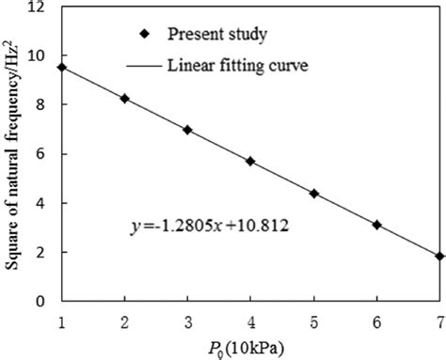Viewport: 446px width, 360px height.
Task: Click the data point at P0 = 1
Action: point(61,67)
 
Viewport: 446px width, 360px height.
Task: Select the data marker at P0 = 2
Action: point(124,98)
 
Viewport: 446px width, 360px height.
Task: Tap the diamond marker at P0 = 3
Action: point(187,130)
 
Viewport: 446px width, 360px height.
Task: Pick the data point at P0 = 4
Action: point(250,161)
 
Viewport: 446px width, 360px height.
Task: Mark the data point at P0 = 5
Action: point(313,193)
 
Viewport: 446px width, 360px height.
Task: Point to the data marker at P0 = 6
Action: point(376,225)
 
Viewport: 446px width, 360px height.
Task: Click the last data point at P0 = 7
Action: point(439,256)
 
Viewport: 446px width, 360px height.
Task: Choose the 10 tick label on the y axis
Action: point(40,55)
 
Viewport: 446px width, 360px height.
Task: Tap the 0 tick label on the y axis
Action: point(43,302)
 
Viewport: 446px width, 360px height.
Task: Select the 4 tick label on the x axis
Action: point(250,320)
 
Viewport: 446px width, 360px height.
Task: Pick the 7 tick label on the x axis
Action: point(438,320)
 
